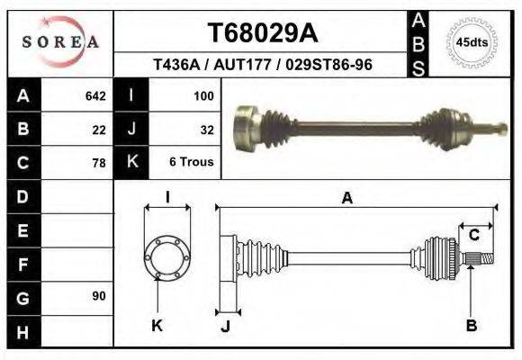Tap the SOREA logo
tap(60, 41)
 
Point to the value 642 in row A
tap(95, 95)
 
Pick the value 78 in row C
tap(99, 163)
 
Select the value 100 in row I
tap(202, 95)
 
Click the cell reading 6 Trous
tap(191, 162)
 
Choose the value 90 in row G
tap(99, 296)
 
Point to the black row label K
tap(131, 162)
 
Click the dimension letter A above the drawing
tap(346, 199)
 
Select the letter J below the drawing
tap(226, 326)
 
